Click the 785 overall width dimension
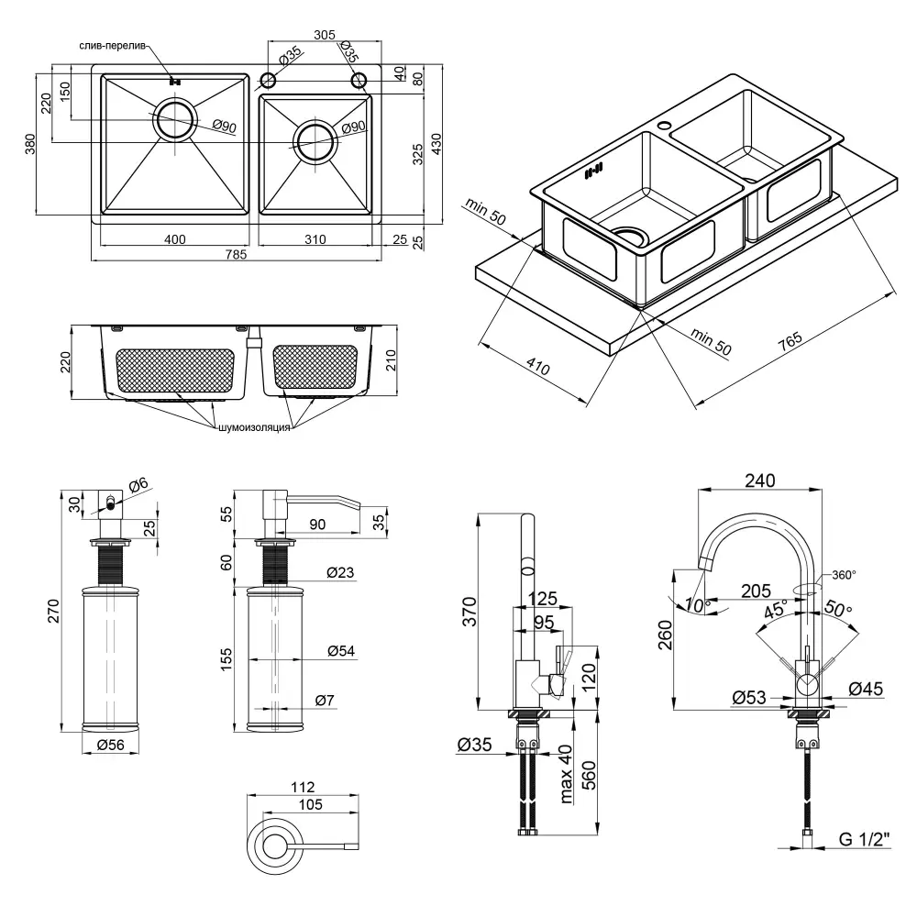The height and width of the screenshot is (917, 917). [236, 256]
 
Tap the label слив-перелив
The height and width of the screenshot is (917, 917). [110, 47]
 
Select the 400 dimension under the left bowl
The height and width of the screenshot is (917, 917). [175, 240]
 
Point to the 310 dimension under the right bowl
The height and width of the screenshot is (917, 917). [315, 240]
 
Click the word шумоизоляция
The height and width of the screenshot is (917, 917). [254, 427]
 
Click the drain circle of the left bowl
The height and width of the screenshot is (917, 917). [174, 119]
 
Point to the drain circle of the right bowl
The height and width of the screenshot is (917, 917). [315, 139]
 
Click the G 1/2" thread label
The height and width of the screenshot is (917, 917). [864, 838]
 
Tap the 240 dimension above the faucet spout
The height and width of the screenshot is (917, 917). [760, 481]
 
